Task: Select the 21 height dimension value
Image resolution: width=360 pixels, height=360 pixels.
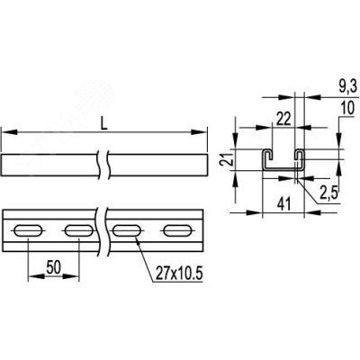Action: click(x=229, y=159)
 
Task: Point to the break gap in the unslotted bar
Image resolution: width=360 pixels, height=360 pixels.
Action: click(x=107, y=166)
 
